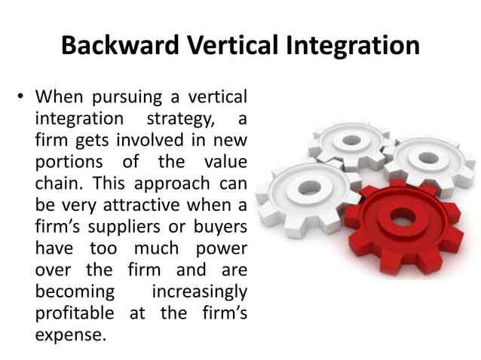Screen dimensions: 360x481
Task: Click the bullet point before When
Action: click(23, 98)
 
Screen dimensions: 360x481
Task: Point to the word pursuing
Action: click(120, 98)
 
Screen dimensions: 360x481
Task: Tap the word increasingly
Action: click(200, 291)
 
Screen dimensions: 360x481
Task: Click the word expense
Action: click(70, 334)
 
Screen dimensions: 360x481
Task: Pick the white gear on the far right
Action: click(429, 158)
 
